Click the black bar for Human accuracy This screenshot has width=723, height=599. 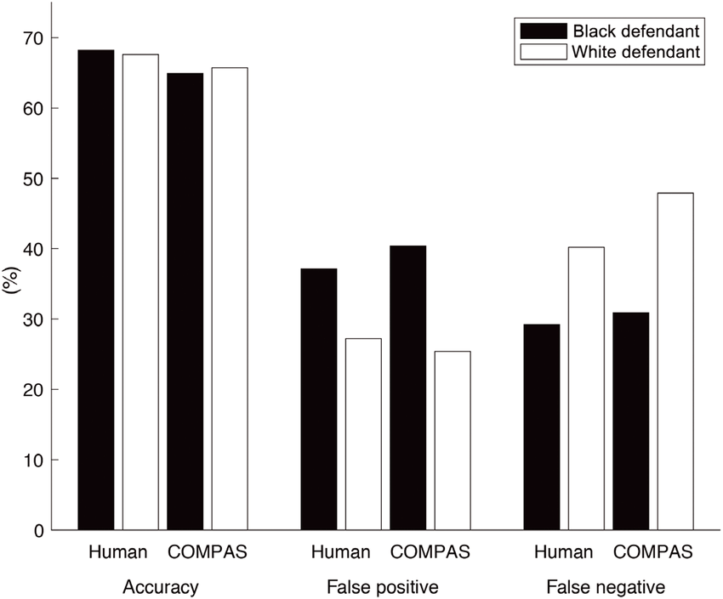point(96,290)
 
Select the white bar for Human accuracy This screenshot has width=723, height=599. point(140,292)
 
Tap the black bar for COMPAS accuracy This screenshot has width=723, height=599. point(185,302)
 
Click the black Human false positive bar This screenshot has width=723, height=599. point(319,399)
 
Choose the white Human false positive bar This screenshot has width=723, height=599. point(363,434)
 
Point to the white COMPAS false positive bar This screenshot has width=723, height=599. point(453,441)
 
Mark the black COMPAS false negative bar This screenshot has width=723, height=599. point(631,421)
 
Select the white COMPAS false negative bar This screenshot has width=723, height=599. point(675,362)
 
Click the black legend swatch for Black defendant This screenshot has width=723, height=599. point(544,31)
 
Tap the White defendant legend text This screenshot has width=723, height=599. point(635,52)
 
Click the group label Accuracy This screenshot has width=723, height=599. point(161,587)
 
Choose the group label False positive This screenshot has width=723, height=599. point(382,587)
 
